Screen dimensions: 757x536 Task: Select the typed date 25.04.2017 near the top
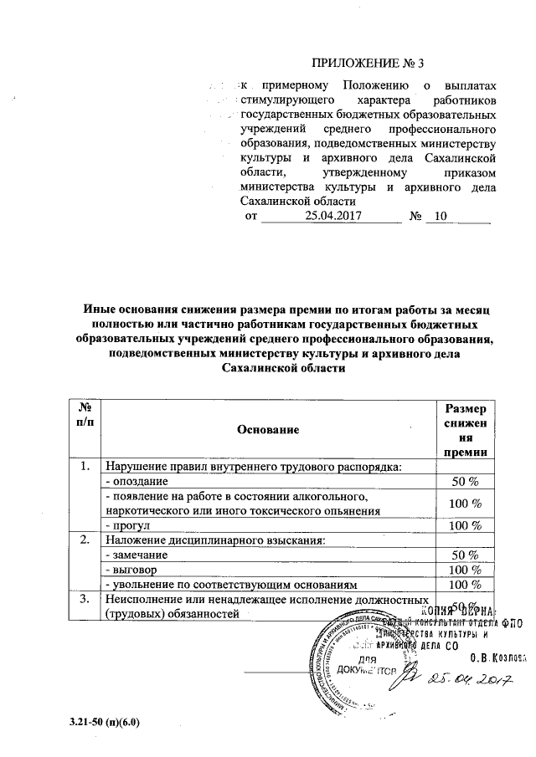[x=332, y=217]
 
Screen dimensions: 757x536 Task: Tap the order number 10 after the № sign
[x=442, y=217]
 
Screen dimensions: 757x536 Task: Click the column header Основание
[x=268, y=428]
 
